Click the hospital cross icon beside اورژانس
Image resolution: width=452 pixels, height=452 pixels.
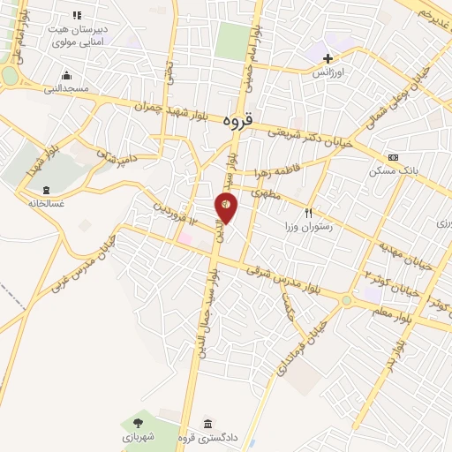pyautogui.click(x=328, y=58)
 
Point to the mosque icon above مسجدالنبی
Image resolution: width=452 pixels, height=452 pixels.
pyautogui.click(x=66, y=75)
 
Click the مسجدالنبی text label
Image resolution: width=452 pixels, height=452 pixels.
pyautogui.click(x=66, y=88)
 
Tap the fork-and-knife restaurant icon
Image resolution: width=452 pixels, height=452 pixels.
pyautogui.click(x=308, y=212)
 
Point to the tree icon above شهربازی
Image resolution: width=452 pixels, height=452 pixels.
pyautogui.click(x=137, y=424)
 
